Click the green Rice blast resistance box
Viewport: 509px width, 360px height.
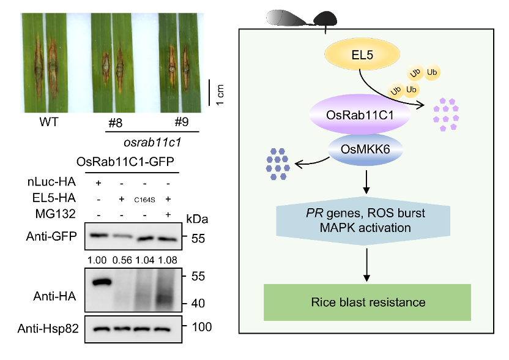[368, 302]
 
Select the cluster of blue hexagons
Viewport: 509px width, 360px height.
[278, 164]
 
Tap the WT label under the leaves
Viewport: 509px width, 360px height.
[49, 122]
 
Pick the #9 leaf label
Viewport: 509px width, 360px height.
[181, 122]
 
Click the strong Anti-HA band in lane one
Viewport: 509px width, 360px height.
[100, 282]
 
